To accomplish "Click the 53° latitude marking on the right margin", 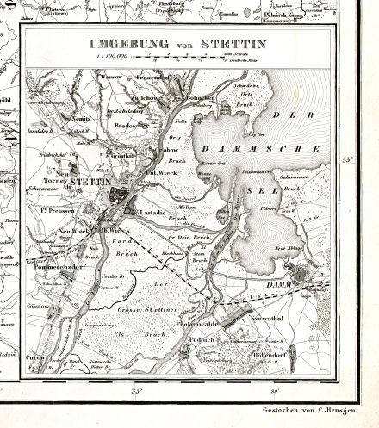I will coord(348,159).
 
